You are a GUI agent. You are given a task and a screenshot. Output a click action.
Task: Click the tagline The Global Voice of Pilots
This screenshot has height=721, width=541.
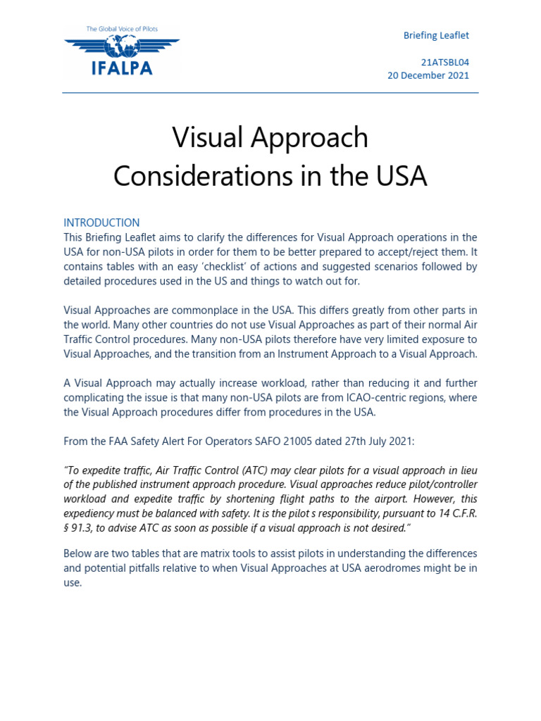tap(121, 29)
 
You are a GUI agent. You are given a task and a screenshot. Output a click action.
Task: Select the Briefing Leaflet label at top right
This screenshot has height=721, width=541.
tap(435, 35)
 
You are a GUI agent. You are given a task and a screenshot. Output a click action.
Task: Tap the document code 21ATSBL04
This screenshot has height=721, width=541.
tap(445, 62)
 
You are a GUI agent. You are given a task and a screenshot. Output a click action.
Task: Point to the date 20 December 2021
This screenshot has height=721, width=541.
tap(428, 75)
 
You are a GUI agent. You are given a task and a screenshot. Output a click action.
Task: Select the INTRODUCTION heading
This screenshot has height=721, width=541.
tap(101, 222)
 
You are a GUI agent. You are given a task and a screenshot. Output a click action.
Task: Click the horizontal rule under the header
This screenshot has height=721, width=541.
tap(270, 93)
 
